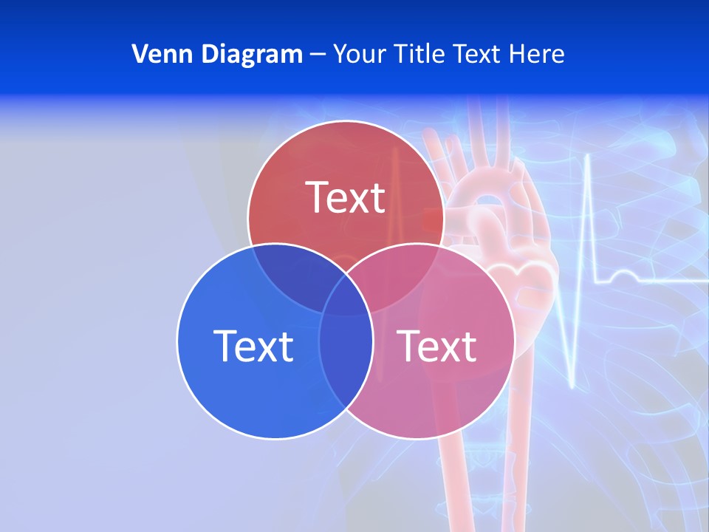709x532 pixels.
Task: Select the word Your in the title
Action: tap(360, 54)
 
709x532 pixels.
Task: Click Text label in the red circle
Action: tap(346, 197)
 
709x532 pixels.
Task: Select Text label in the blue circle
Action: tap(253, 345)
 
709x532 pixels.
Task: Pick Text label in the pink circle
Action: tap(436, 345)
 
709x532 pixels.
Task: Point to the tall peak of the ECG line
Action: tap(588, 157)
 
